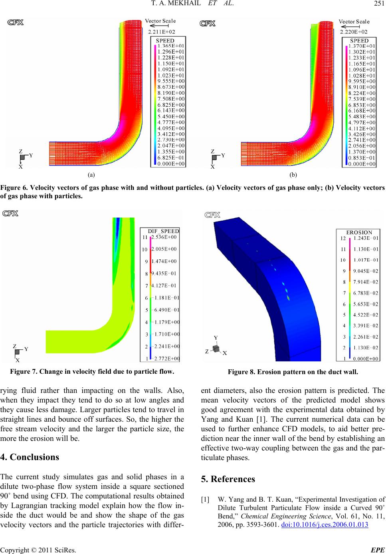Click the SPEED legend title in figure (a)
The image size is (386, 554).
(165, 41)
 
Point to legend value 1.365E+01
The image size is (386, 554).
(171, 46)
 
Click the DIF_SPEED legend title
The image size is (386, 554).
(164, 231)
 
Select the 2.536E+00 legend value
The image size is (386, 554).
(164, 237)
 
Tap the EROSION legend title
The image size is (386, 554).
(359, 232)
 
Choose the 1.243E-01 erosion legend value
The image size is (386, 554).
(366, 238)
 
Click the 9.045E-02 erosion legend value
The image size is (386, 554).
(366, 271)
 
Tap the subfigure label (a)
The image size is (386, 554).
(92, 175)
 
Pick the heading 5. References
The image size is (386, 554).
(227, 479)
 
